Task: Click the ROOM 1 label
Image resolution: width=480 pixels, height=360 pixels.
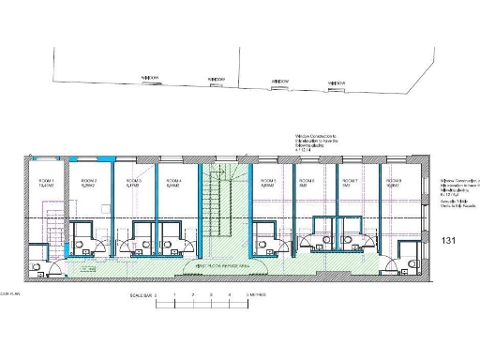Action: [47, 180]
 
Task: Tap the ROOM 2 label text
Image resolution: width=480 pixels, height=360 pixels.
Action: [89, 180]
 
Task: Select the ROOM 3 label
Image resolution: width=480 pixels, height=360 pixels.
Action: [132, 180]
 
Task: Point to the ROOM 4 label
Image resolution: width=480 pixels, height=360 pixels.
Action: [172, 180]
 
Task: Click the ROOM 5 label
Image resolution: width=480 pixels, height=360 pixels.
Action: [267, 180]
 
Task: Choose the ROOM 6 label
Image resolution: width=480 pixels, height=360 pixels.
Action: [307, 180]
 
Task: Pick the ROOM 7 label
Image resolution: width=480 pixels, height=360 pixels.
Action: [350, 180]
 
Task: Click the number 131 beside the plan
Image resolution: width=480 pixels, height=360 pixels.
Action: [449, 241]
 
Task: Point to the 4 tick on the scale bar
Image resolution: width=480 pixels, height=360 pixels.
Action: [230, 295]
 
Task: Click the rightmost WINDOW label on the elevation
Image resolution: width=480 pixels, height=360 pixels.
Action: [337, 82]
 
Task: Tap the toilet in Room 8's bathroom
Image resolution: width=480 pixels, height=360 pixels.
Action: [413, 265]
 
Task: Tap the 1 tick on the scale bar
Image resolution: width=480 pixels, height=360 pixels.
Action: [173, 295]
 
